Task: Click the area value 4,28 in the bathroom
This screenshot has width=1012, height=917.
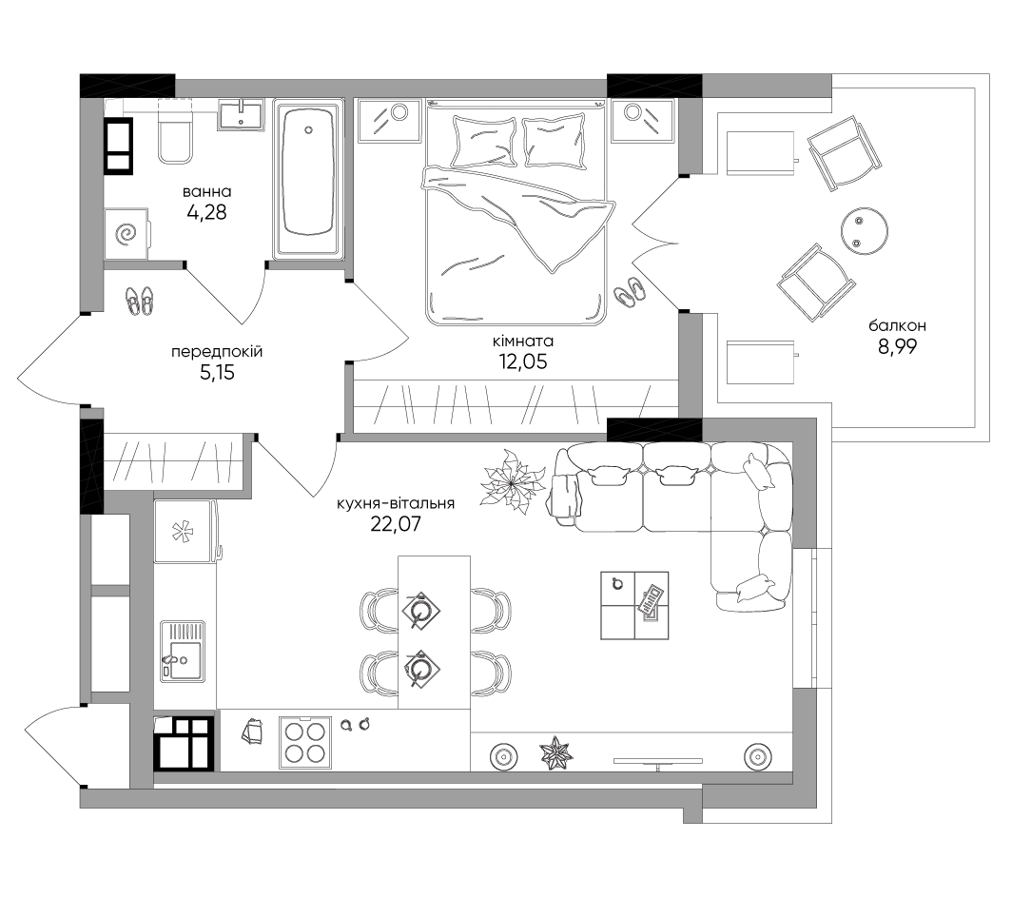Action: pyautogui.click(x=206, y=212)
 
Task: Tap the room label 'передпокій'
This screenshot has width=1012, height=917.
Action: pyautogui.click(x=217, y=352)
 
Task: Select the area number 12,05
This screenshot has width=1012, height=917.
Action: pyautogui.click(x=523, y=362)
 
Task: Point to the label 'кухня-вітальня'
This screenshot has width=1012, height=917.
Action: pyautogui.click(x=396, y=503)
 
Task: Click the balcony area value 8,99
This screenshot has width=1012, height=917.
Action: pyautogui.click(x=897, y=347)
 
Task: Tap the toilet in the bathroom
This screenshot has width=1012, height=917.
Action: pyautogui.click(x=175, y=131)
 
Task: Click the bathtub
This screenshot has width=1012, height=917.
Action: pyautogui.click(x=308, y=179)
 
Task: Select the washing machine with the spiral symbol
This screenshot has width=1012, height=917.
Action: pyautogui.click(x=126, y=234)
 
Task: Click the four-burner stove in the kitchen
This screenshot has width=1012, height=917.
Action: pyautogui.click(x=305, y=743)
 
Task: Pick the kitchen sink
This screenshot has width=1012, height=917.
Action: pyautogui.click(x=183, y=652)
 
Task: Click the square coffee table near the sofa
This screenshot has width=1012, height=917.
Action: pyautogui.click(x=634, y=605)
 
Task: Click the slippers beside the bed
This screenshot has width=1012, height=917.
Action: pyautogui.click(x=629, y=292)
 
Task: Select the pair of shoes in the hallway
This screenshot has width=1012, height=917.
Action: pyautogui.click(x=140, y=301)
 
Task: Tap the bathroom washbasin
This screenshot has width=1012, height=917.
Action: pyautogui.click(x=241, y=115)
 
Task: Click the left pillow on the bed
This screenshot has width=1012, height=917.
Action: pyautogui.click(x=484, y=142)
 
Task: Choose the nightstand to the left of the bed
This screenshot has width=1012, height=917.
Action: pyautogui.click(x=389, y=120)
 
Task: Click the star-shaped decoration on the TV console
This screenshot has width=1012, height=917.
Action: pyautogui.click(x=556, y=753)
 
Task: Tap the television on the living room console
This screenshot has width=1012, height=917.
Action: pyautogui.click(x=657, y=763)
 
